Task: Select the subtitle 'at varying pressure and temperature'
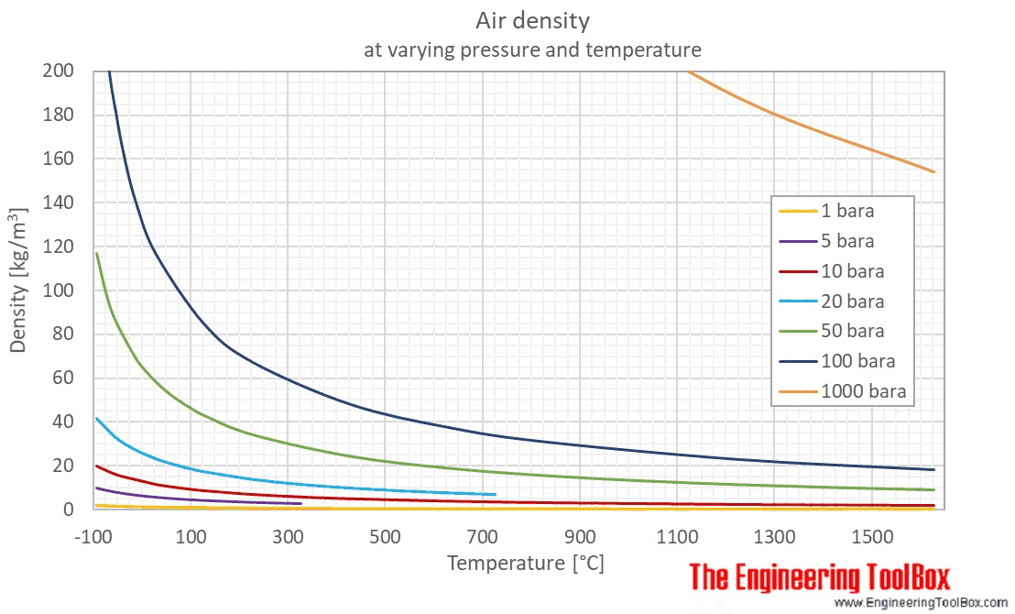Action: click(x=532, y=49)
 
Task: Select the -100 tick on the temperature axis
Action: click(x=93, y=534)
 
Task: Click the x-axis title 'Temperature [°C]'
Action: click(x=525, y=563)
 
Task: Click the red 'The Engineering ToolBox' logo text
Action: click(x=820, y=578)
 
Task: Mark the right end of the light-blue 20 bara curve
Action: click(x=495, y=495)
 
